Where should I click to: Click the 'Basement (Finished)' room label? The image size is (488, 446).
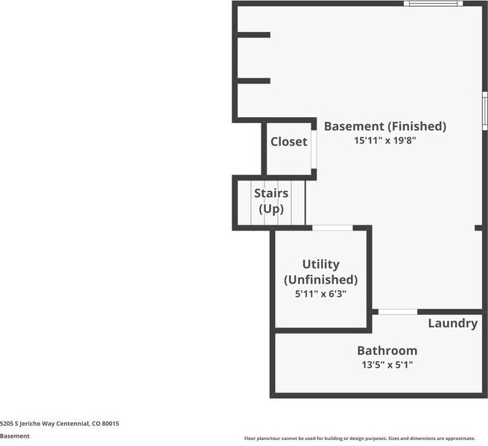[x=384, y=126]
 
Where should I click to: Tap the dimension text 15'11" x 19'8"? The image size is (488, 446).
[x=384, y=140]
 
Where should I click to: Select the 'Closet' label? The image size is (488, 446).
[x=289, y=142]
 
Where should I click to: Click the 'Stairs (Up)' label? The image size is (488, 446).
[x=271, y=201]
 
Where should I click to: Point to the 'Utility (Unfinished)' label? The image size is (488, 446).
[x=321, y=271]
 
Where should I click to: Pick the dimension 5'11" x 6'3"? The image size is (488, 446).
[x=321, y=294]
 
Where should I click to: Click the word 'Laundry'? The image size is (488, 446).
[x=452, y=323]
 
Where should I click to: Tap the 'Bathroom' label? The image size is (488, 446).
[x=387, y=351]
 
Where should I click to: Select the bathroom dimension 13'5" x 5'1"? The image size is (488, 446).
[x=387, y=365]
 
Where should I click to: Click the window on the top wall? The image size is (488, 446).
[x=433, y=4]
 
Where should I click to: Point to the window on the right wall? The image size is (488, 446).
[x=484, y=110]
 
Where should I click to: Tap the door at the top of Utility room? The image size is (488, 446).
[x=332, y=227]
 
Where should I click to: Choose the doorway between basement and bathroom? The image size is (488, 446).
[x=398, y=311]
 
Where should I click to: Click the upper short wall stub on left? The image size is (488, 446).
[x=253, y=34]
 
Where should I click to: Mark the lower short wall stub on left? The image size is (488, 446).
[x=253, y=81]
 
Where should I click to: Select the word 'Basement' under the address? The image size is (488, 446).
[x=15, y=436]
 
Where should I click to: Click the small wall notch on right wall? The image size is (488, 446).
[x=478, y=227]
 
